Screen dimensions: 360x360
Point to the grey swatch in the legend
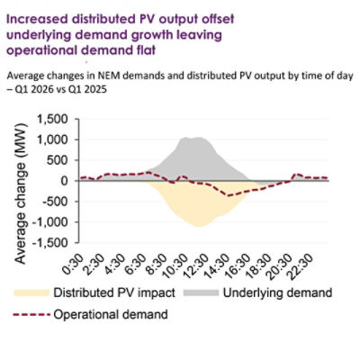coord(198,293)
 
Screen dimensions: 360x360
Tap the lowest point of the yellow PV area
coord(199,226)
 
